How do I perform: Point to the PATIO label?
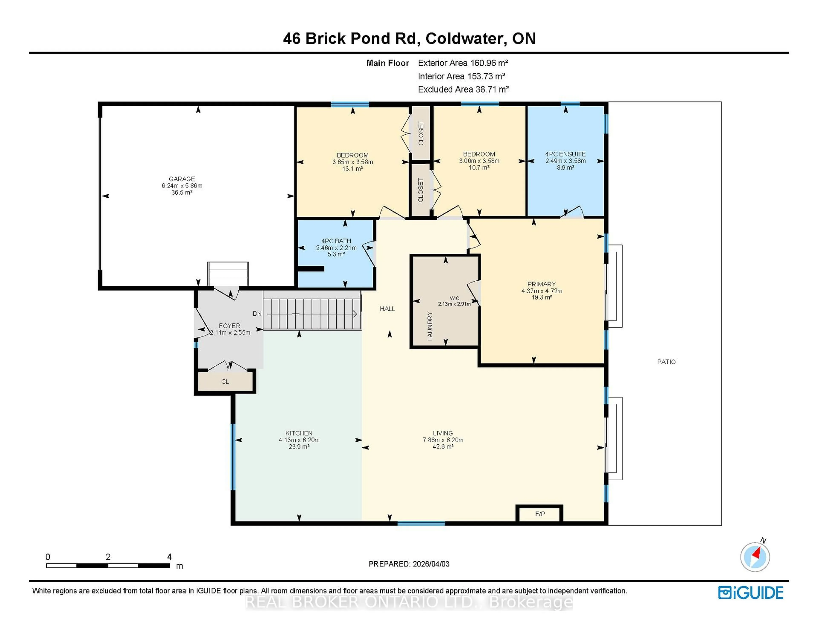pos(666,362)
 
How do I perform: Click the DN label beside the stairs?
pos(257,314)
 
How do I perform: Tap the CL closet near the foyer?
pos(225,382)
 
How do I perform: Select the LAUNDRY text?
pos(430,326)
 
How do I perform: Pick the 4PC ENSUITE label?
pos(565,154)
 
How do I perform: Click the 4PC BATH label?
pos(336,241)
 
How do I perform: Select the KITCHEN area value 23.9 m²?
pos(299,447)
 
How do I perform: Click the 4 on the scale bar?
pos(169,557)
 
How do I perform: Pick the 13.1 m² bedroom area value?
pos(353,169)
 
